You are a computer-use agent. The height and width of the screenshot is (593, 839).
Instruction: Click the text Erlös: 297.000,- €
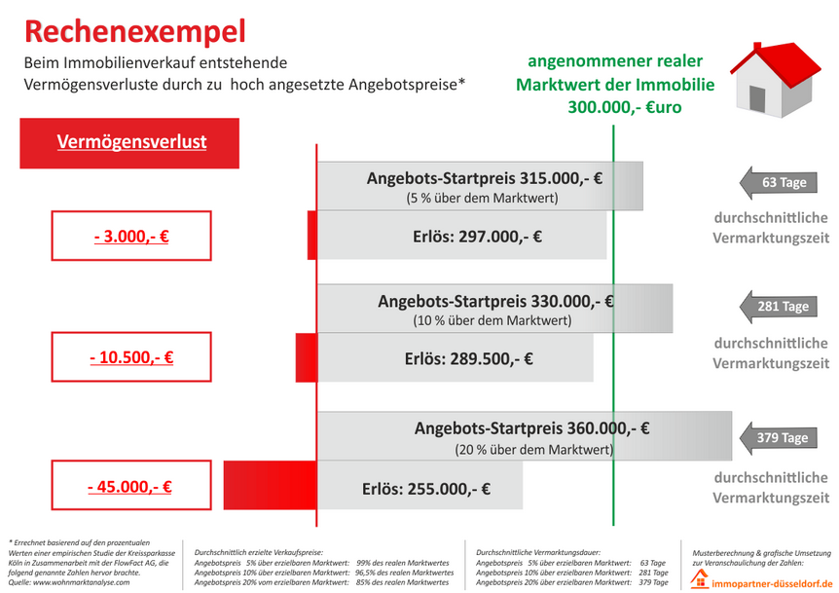pyautogui.click(x=477, y=236)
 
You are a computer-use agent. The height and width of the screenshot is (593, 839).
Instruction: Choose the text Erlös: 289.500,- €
pyautogui.click(x=468, y=358)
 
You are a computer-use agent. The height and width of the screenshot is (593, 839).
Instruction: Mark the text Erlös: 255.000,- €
pyautogui.click(x=425, y=489)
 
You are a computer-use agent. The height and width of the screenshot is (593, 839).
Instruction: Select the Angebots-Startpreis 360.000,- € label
pyautogui.click(x=531, y=427)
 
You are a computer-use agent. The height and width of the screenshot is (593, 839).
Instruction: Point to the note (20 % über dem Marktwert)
pyautogui.click(x=533, y=450)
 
